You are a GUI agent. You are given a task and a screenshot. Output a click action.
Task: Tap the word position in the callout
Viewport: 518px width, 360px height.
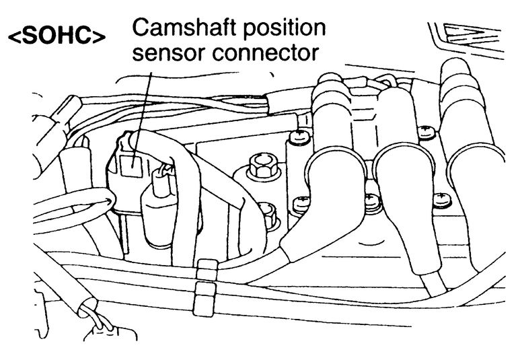pyautogui.click(x=283, y=28)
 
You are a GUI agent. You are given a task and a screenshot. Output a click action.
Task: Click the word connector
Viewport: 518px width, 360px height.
pyautogui.click(x=266, y=52)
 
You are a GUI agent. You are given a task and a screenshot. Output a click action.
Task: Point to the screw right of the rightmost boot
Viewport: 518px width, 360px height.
pyautogui.click(x=442, y=198)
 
